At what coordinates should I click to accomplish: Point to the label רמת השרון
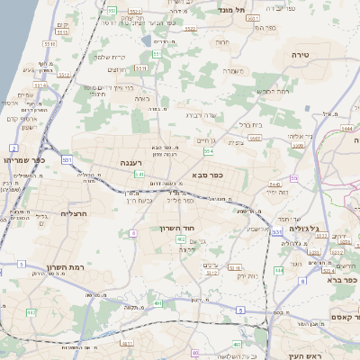click(64, 267)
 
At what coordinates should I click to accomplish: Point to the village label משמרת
click(233, 71)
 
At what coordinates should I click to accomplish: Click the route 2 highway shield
click(14, 147)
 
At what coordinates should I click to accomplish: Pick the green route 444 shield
click(279, 269)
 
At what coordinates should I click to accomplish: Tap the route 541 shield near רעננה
click(139, 174)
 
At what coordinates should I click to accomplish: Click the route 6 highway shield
click(302, 282)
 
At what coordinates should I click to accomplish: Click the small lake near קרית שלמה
click(147, 40)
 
